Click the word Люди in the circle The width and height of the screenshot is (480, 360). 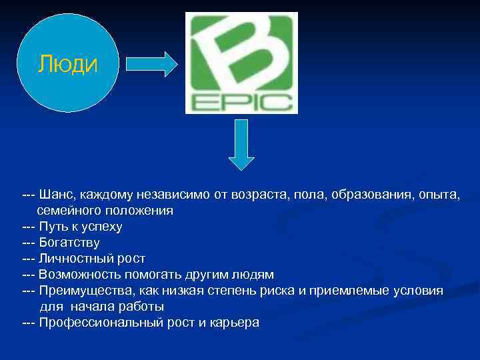coord(67,64)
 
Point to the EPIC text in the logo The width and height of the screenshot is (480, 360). coord(241,103)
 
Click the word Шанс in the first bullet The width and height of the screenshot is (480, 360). coord(55,195)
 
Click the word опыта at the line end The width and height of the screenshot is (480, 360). coord(441,195)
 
